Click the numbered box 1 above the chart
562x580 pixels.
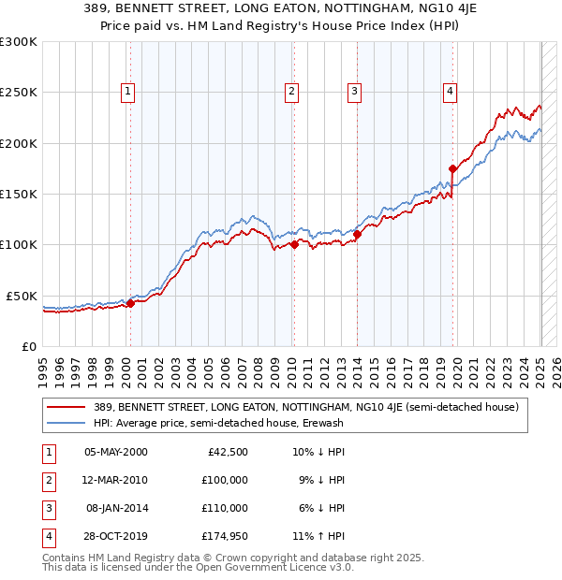[x=127, y=92]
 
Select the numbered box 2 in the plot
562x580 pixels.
[x=292, y=92]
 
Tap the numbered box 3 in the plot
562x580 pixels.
[x=355, y=92]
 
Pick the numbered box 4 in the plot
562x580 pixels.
[x=451, y=92]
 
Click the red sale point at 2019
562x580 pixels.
[x=452, y=169]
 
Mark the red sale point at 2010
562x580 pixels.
[x=294, y=245]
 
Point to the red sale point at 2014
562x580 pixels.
[x=358, y=235]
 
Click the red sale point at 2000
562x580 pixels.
[x=131, y=303]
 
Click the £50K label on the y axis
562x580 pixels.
[x=22, y=296]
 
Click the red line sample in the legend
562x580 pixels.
[x=67, y=407]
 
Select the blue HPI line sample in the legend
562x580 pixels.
[x=67, y=423]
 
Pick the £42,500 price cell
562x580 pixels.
[x=226, y=451]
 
